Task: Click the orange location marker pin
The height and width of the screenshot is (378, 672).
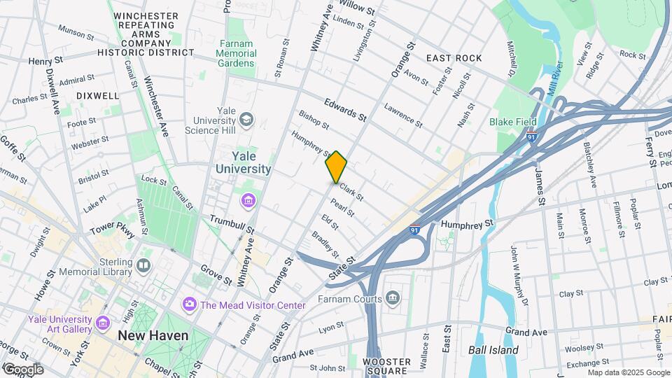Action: (x=337, y=167)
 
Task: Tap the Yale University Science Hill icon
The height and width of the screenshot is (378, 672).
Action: (x=246, y=120)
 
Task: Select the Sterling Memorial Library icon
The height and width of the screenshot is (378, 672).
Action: (x=143, y=265)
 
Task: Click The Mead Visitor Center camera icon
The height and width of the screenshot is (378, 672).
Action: (x=188, y=304)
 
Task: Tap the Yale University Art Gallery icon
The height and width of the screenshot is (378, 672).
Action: (x=104, y=323)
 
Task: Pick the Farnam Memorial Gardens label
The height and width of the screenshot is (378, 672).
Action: (x=234, y=53)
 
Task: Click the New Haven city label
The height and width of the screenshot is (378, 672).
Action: (x=153, y=336)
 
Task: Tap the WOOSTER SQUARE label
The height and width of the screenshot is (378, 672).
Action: (x=386, y=367)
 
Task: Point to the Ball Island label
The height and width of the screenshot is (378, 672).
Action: (x=493, y=350)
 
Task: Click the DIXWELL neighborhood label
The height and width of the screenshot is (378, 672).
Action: (x=97, y=95)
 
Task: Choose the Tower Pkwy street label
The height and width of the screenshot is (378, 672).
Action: (x=111, y=229)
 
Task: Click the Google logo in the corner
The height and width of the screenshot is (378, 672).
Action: (x=22, y=369)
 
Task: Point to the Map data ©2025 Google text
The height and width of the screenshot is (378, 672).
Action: (x=628, y=372)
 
